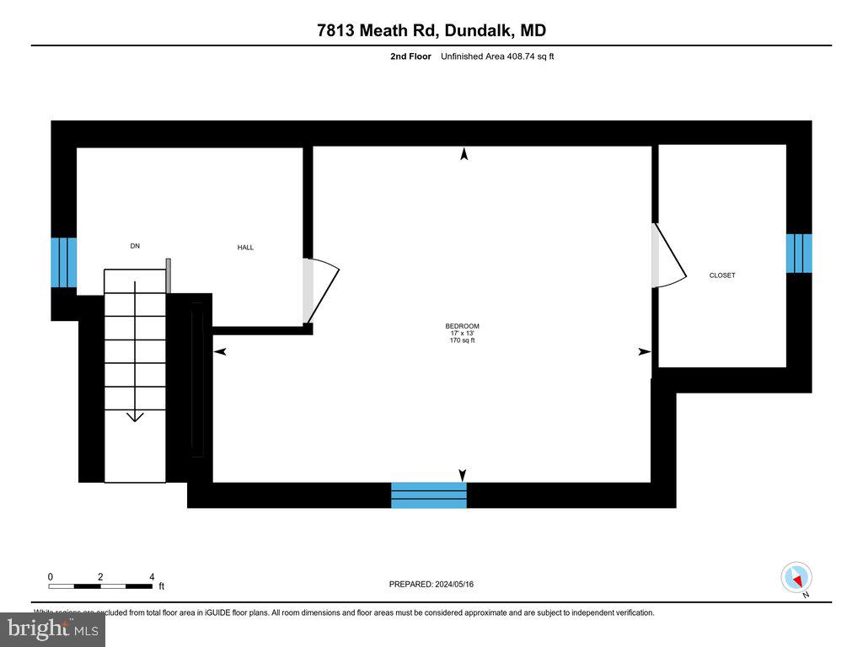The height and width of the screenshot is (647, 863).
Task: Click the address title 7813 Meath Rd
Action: [431, 31]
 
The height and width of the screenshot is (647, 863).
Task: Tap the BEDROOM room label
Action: [462, 326]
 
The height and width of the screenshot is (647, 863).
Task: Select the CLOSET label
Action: [721, 275]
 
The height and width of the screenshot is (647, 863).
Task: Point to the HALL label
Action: [245, 248]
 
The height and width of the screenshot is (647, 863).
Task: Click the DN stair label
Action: [135, 246]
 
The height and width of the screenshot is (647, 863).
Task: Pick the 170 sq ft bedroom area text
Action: [462, 340]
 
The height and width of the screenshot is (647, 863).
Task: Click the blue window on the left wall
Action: [64, 263]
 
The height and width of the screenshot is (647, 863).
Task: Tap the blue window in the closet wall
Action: [799, 254]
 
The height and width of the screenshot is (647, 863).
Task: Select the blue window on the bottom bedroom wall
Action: [429, 495]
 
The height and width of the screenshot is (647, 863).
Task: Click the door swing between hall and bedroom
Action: [320, 290]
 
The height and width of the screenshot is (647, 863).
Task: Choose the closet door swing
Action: [669, 256]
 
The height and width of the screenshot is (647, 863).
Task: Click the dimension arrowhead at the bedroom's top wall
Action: [464, 153]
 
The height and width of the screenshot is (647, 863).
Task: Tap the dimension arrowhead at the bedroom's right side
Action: [645, 351]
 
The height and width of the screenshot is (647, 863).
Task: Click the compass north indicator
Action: [797, 578]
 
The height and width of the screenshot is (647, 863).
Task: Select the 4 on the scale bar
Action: [152, 577]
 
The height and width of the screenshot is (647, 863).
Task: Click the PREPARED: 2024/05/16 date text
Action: [437, 585]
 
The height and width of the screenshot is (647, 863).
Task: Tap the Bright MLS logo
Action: [52, 628]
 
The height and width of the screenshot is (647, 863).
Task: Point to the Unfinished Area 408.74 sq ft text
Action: [497, 56]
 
